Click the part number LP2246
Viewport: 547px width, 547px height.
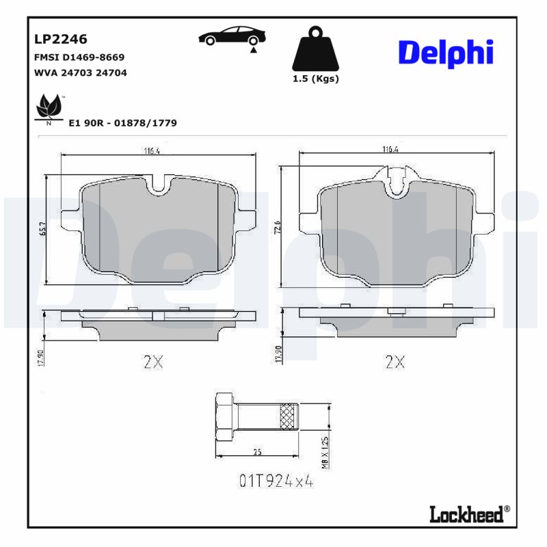coord(61,40)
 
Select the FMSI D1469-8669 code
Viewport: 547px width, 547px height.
coord(79,57)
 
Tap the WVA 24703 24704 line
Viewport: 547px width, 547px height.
coord(80,72)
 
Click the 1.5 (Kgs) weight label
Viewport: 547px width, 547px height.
coord(315,79)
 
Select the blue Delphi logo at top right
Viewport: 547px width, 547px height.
coord(445,52)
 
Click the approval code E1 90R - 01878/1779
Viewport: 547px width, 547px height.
coord(123,123)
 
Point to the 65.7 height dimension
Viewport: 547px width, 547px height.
coord(42,230)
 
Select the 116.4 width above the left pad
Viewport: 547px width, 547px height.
coord(151,152)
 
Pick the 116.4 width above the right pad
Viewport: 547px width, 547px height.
coord(390,149)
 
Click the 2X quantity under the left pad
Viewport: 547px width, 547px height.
coord(153,362)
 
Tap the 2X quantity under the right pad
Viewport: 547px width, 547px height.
coord(395,362)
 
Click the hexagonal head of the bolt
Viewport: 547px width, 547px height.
coord(225,418)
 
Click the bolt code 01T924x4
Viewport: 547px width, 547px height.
coord(276,481)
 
